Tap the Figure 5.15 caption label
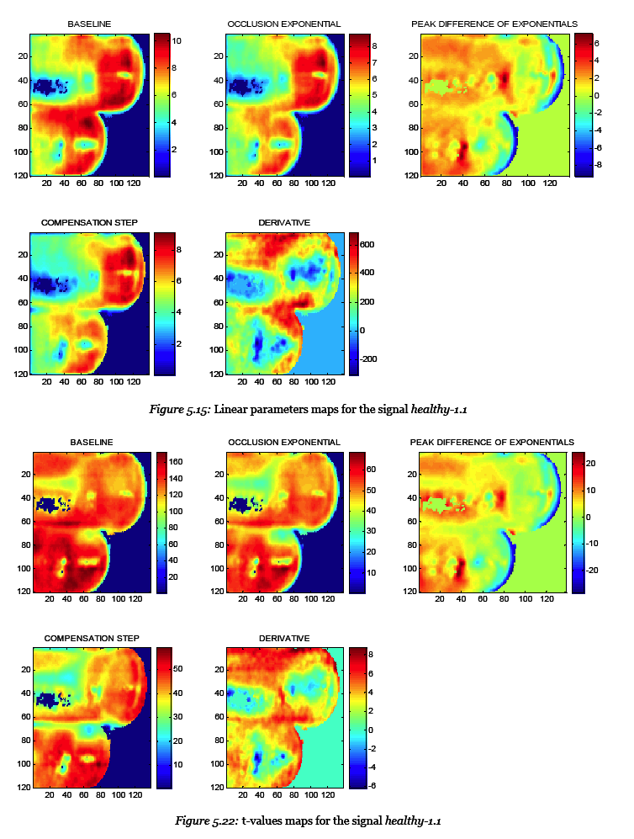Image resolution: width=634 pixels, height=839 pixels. pos(179,410)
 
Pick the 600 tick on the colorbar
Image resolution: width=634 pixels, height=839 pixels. pos(368,244)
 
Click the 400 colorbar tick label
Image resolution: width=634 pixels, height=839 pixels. pos(368,273)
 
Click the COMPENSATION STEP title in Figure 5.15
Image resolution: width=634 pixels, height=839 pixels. pos(89,222)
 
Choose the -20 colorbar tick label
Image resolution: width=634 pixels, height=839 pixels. pos(591,571)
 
